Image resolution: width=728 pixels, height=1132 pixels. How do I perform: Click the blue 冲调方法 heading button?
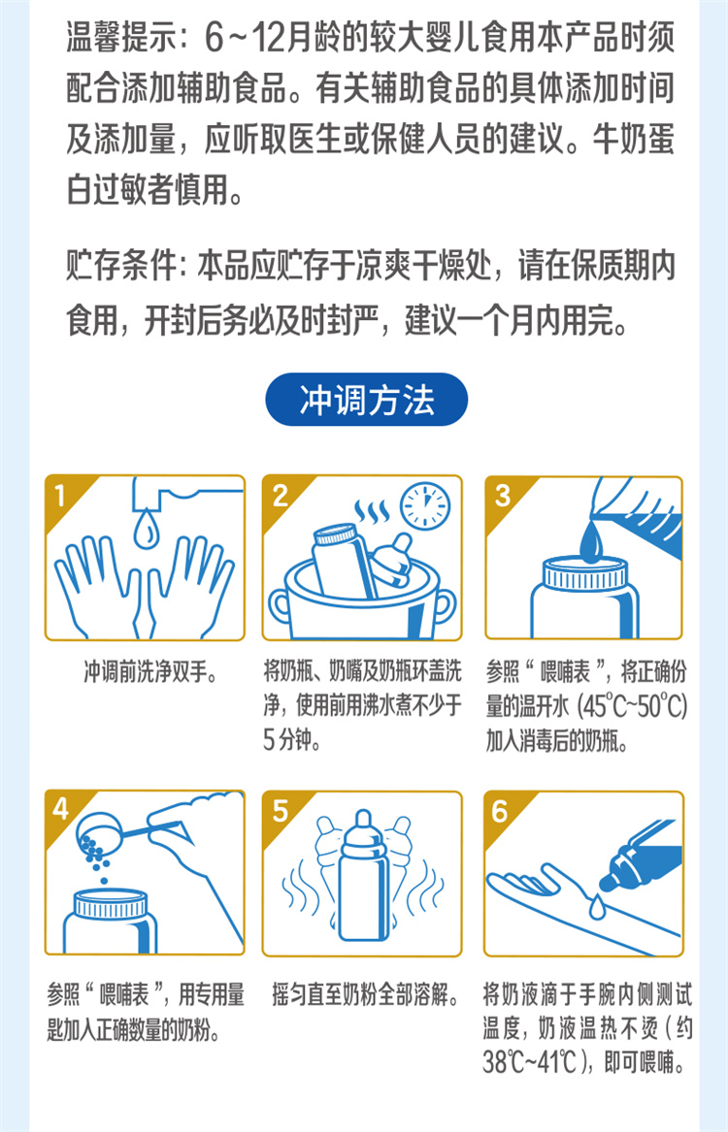(366, 400)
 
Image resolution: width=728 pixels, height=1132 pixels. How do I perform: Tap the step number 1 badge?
(60, 496)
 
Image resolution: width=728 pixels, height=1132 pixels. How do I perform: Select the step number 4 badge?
(61, 809)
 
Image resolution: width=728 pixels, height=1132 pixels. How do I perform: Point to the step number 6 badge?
(500, 811)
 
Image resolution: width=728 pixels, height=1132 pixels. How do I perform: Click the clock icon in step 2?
(425, 504)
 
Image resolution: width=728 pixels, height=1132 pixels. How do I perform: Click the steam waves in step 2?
(371, 512)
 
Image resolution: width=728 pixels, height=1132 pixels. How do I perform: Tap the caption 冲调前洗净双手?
(150, 673)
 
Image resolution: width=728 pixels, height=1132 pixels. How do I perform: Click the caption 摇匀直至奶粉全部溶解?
(366, 995)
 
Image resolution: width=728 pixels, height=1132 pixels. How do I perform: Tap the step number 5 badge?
(281, 811)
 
